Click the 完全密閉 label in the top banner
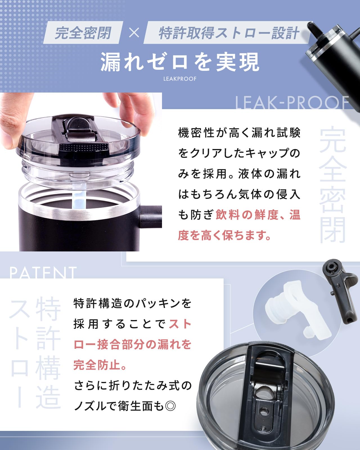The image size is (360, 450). (x=83, y=33)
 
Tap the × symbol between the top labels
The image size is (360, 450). (x=134, y=33)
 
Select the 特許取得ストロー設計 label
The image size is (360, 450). (x=229, y=33)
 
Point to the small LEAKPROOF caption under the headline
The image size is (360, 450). (x=180, y=79)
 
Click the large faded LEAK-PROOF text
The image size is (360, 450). (x=292, y=103)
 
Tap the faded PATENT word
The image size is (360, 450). (x=43, y=273)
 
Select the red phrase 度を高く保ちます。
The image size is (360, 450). (x=224, y=235)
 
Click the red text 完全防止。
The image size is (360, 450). (x=100, y=365)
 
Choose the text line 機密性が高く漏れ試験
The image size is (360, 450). (x=239, y=133)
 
